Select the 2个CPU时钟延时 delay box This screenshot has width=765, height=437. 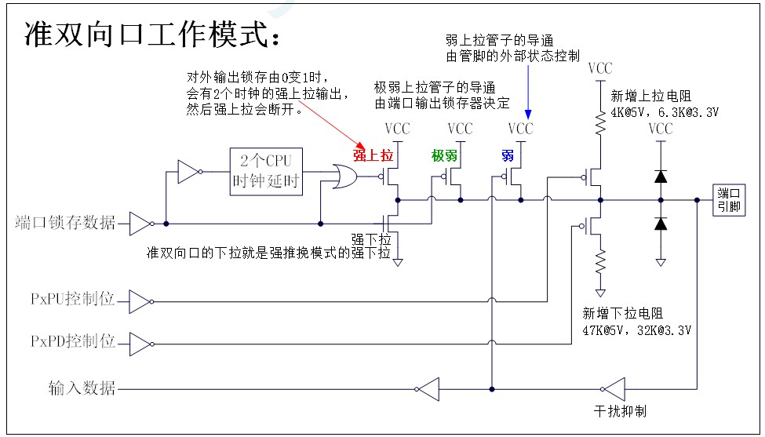tap(266, 171)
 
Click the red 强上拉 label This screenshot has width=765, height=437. tap(372, 155)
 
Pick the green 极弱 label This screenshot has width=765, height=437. tap(444, 155)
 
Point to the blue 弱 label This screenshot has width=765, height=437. tap(507, 155)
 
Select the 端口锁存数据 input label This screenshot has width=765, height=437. tap(65, 224)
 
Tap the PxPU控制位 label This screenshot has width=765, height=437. tap(72, 300)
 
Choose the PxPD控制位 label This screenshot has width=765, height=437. tap(72, 342)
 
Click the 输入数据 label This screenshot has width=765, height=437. tap(82, 388)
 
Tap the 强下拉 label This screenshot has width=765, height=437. tap(371, 239)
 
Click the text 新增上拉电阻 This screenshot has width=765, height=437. tap(650, 97)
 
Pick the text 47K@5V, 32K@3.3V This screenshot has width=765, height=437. tap(636, 330)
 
